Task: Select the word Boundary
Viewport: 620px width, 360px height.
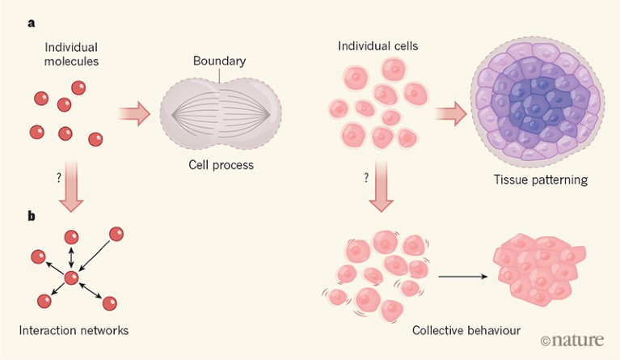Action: [218, 61]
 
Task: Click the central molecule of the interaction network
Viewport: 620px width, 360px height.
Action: [72, 277]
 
